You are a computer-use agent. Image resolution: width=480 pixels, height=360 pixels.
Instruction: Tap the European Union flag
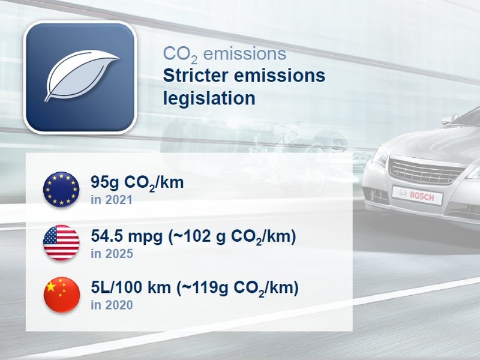point(61,189)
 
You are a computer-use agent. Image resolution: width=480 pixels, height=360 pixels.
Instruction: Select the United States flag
point(61,243)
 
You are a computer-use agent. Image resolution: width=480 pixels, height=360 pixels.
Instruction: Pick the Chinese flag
point(62,295)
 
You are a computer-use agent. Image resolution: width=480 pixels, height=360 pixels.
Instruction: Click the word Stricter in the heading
point(196,76)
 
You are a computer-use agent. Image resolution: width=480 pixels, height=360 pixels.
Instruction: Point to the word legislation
point(209,98)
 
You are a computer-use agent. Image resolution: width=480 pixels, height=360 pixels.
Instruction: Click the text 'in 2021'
point(112,200)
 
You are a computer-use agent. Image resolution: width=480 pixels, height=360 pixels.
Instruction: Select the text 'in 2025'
point(112,253)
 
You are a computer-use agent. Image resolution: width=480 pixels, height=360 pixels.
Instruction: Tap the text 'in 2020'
point(112,305)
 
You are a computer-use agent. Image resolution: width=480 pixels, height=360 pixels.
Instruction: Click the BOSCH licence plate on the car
point(417,195)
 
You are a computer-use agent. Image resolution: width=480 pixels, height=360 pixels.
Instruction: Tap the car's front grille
point(425,172)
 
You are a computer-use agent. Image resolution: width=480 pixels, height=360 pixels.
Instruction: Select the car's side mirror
point(449,119)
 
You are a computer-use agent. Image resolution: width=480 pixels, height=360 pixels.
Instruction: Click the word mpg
point(145,237)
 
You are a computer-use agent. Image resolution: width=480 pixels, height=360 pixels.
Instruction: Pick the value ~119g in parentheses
point(202,288)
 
